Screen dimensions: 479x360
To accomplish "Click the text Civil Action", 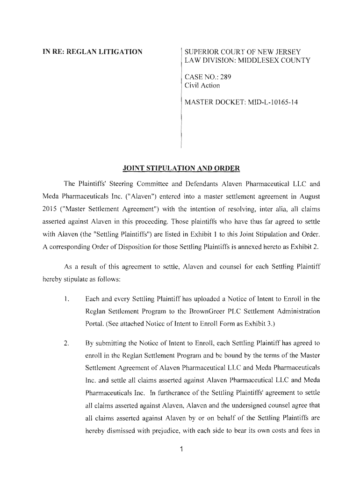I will pyautogui.click(x=202, y=85).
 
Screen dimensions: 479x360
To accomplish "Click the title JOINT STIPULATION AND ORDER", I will pyautogui.click(x=181, y=168).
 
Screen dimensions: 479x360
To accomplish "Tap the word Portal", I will pyautogui.click(x=95, y=323).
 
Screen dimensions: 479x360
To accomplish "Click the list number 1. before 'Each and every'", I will pyautogui.click(x=66, y=299).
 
